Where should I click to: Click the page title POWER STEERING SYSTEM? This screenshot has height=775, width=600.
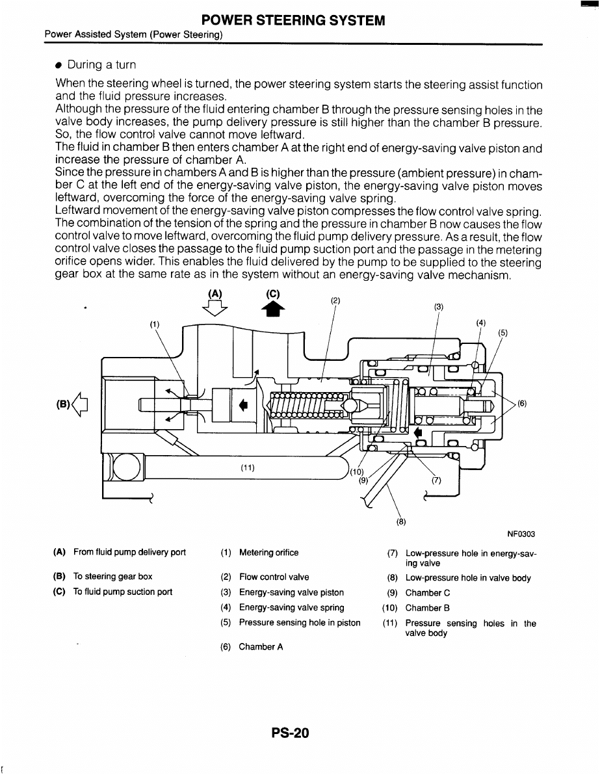pos(293,20)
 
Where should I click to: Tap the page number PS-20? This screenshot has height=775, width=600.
pos(290,733)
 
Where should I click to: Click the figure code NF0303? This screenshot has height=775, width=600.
pos(521,534)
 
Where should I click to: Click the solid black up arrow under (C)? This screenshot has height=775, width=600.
pos(273,309)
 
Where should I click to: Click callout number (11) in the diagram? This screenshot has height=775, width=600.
pos(248,467)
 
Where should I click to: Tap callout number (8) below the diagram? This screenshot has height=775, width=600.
pos(401,521)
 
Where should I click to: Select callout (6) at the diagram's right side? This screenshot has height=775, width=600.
pos(523,403)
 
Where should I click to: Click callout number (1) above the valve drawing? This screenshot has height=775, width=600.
pos(155,324)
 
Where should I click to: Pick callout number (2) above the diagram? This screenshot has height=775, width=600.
pos(335,300)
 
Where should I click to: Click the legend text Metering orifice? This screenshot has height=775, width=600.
pos(269,553)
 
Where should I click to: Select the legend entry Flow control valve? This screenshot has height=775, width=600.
pos(274,577)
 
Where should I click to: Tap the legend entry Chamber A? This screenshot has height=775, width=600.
pos(261,646)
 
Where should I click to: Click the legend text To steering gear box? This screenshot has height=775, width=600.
pos(112,576)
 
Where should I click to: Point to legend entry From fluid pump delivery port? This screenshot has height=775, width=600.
pos(129,552)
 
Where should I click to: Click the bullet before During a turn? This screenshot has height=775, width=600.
pos(59,65)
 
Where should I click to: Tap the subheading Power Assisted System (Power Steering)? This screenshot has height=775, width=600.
pos(133,34)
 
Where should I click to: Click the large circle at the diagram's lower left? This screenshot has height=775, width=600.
pos(127,466)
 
